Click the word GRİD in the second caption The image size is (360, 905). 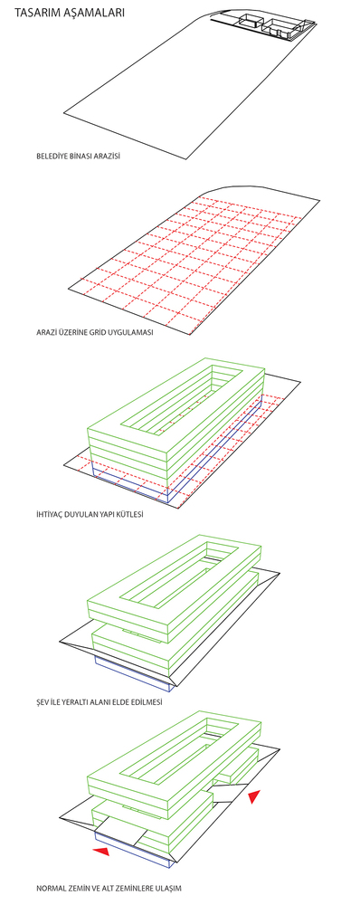tap(109, 333)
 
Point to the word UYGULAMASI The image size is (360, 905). tap(137, 333)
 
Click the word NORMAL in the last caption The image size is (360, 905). tap(50, 888)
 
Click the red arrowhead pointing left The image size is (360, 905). tap(101, 851)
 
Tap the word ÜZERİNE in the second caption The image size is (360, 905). tap(85, 333)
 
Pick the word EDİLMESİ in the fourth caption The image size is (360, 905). tap(147, 702)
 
